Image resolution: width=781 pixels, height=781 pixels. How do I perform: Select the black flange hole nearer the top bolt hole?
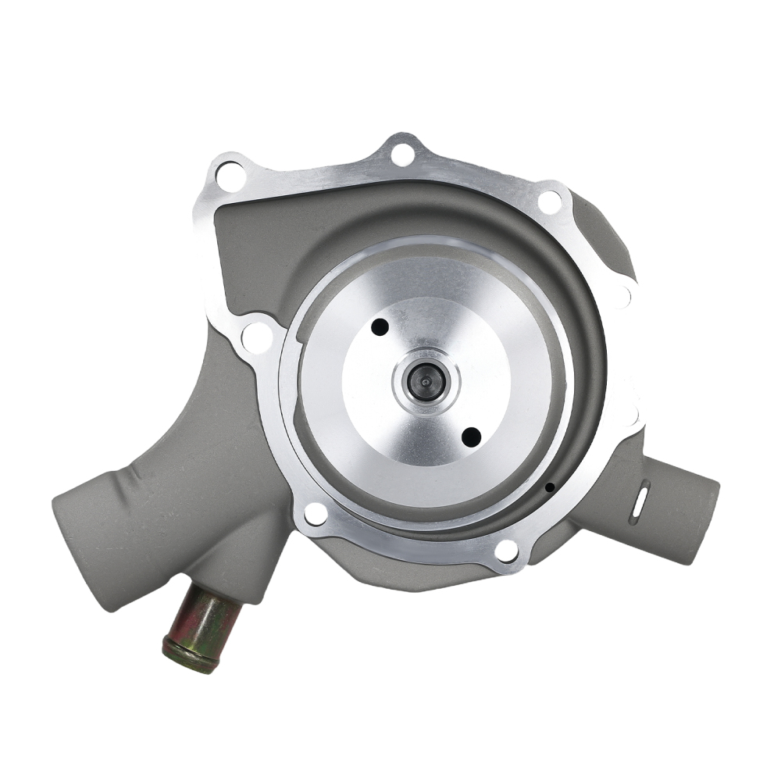pyautogui.click(x=380, y=327)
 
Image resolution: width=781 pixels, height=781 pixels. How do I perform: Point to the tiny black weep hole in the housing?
pyautogui.click(x=550, y=487)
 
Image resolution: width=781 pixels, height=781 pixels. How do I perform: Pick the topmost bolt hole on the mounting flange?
pyautogui.click(x=402, y=154)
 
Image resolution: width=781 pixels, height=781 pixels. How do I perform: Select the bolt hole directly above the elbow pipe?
pyautogui.click(x=256, y=337)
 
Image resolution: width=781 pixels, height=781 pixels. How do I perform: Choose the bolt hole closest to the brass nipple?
pyautogui.click(x=316, y=514)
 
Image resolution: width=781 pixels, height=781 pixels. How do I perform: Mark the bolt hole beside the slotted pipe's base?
pyautogui.click(x=506, y=550)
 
